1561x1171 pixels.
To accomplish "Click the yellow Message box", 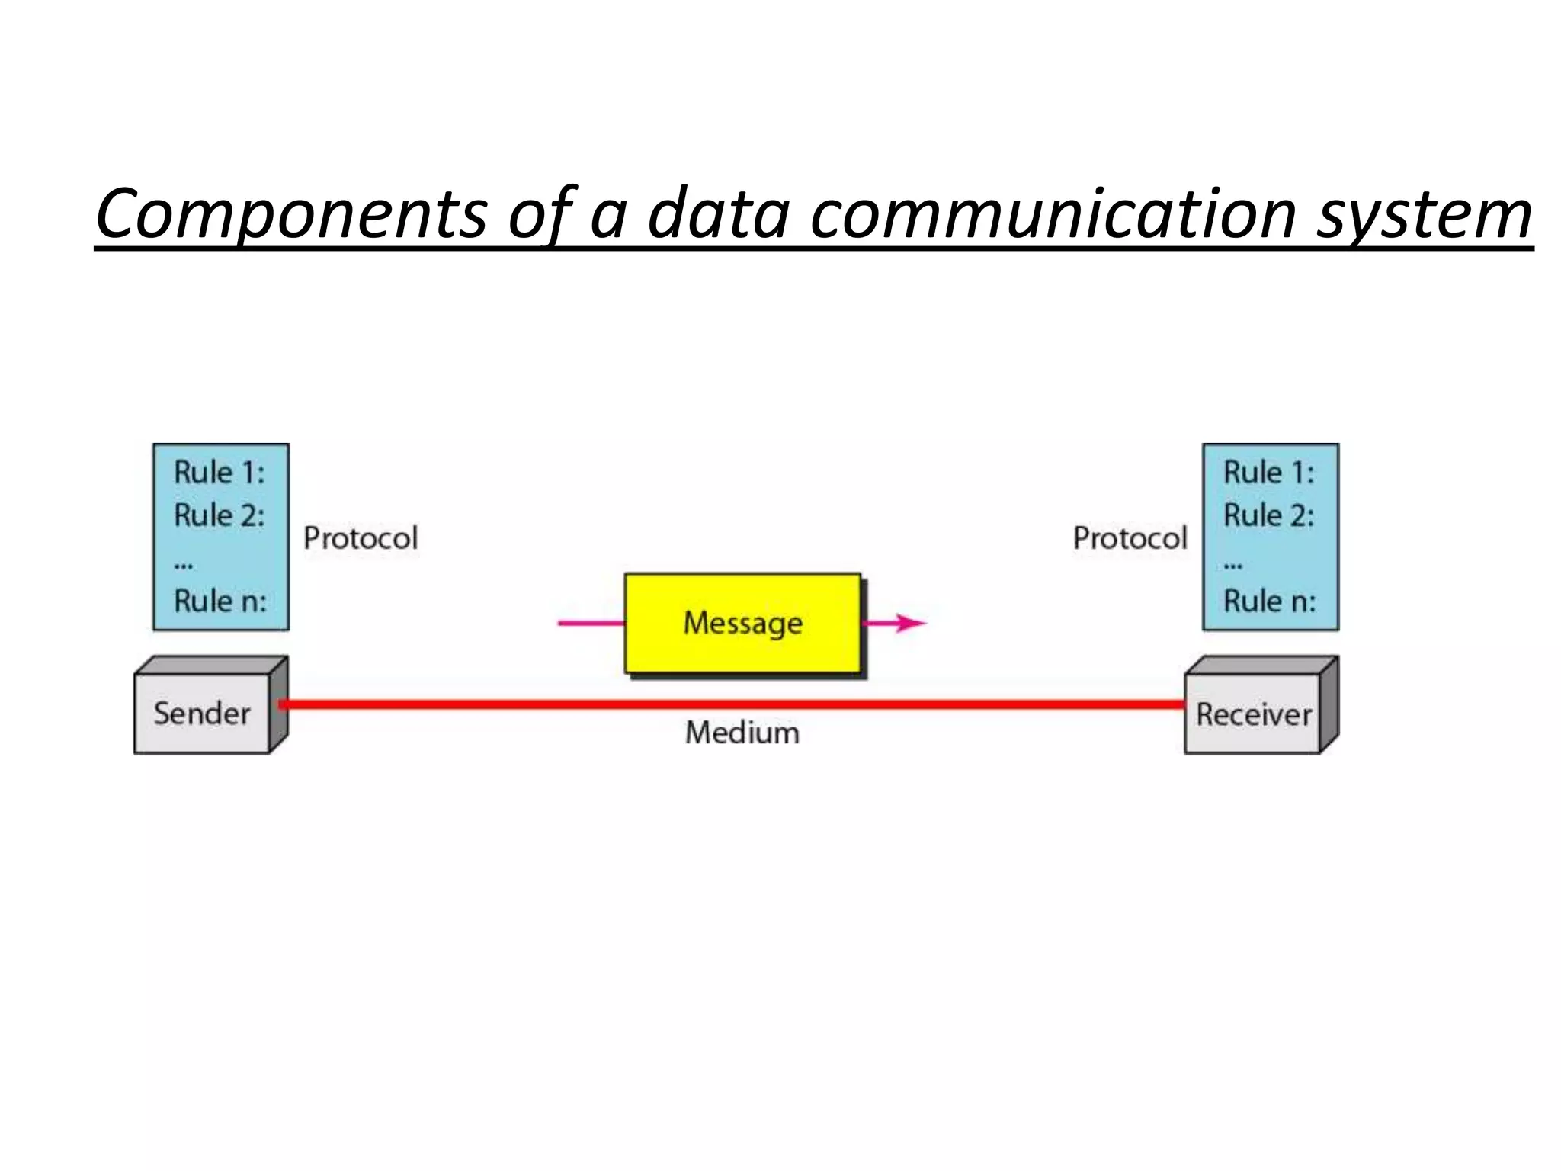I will [x=742, y=623].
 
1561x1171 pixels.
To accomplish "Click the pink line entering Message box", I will [x=591, y=623].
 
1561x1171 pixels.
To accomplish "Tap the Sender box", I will [x=202, y=714].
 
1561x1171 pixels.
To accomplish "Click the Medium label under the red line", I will [x=742, y=733].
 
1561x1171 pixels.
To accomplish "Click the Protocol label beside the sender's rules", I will [x=361, y=538].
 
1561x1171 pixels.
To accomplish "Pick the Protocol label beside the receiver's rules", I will [x=1130, y=538].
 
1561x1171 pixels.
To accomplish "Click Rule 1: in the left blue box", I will [x=220, y=473].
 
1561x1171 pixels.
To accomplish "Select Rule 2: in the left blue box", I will [x=220, y=515].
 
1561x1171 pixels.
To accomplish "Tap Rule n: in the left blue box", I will [x=220, y=601].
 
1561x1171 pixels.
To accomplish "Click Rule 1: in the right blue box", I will [x=1269, y=473].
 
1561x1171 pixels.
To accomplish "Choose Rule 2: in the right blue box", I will [x=1269, y=515].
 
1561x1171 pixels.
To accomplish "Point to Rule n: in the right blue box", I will [x=1270, y=601].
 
